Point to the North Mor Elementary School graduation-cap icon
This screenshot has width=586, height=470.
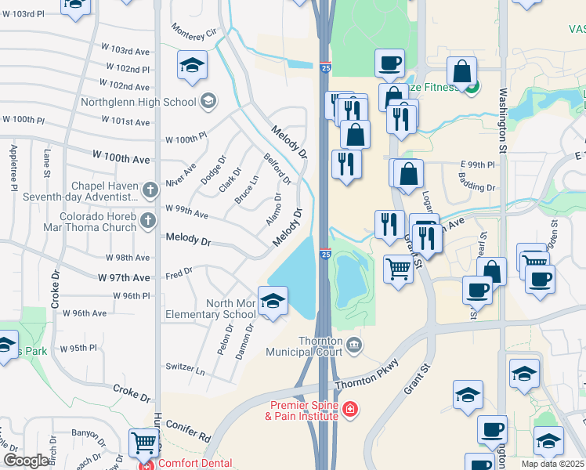pyautogui.click(x=272, y=302)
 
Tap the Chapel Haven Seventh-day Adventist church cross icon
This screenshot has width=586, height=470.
pyautogui.click(x=151, y=189)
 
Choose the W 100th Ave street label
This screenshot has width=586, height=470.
pyautogui.click(x=121, y=158)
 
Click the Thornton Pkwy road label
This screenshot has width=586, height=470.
pyautogui.click(x=367, y=375)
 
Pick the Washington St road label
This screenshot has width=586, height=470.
pyautogui.click(x=501, y=110)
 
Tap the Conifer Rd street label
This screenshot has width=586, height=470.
pyautogui.click(x=188, y=430)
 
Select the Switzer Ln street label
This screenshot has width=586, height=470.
pyautogui.click(x=185, y=367)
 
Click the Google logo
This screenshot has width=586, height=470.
pyautogui.click(x=26, y=461)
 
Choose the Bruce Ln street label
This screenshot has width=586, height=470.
pyautogui.click(x=247, y=190)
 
